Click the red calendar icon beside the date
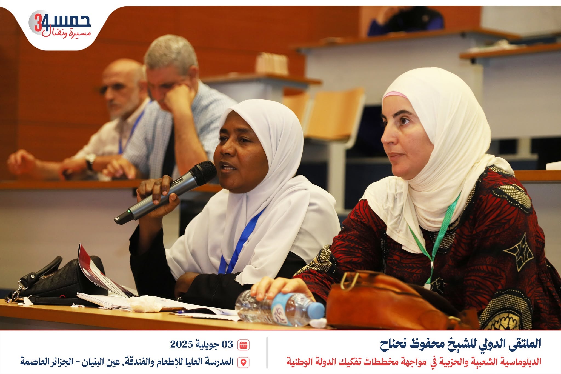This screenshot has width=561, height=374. point(243,344)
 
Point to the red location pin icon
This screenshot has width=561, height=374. point(243,362)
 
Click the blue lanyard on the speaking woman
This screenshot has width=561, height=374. point(241,241)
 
